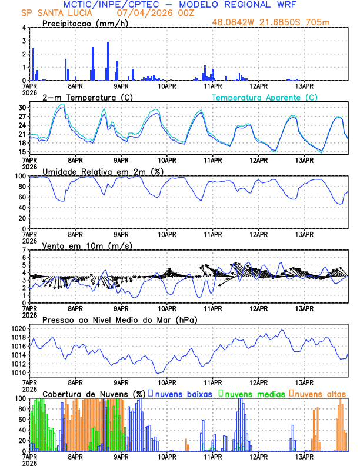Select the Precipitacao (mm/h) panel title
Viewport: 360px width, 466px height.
point(82,24)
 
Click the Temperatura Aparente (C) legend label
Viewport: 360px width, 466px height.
point(264,98)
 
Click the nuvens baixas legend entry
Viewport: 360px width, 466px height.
point(182,393)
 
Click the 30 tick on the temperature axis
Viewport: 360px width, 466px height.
point(22,108)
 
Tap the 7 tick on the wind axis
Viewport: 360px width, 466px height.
point(25,251)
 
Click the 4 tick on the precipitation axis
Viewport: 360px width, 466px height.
point(25,28)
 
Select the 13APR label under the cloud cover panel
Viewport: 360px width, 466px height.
point(304,456)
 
